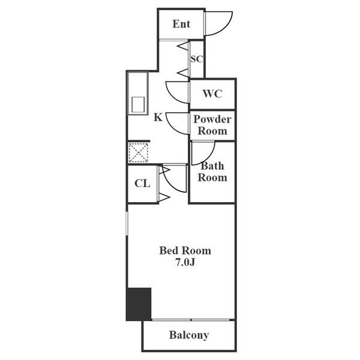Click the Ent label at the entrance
pyautogui.click(x=181, y=24)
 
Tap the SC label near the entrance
pyautogui.click(x=197, y=59)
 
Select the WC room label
pyautogui.click(x=212, y=94)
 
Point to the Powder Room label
pyautogui.click(x=212, y=125)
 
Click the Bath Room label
pyautogui.click(x=213, y=172)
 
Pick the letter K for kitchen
pyautogui.click(x=158, y=117)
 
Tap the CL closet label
pyautogui.click(x=142, y=184)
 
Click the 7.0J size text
pyautogui.click(x=185, y=263)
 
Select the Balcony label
pyautogui.click(x=188, y=335)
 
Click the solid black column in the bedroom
pyautogui.click(x=139, y=304)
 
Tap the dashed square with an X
pyautogui.click(x=138, y=152)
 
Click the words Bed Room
pyautogui.click(x=185, y=251)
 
